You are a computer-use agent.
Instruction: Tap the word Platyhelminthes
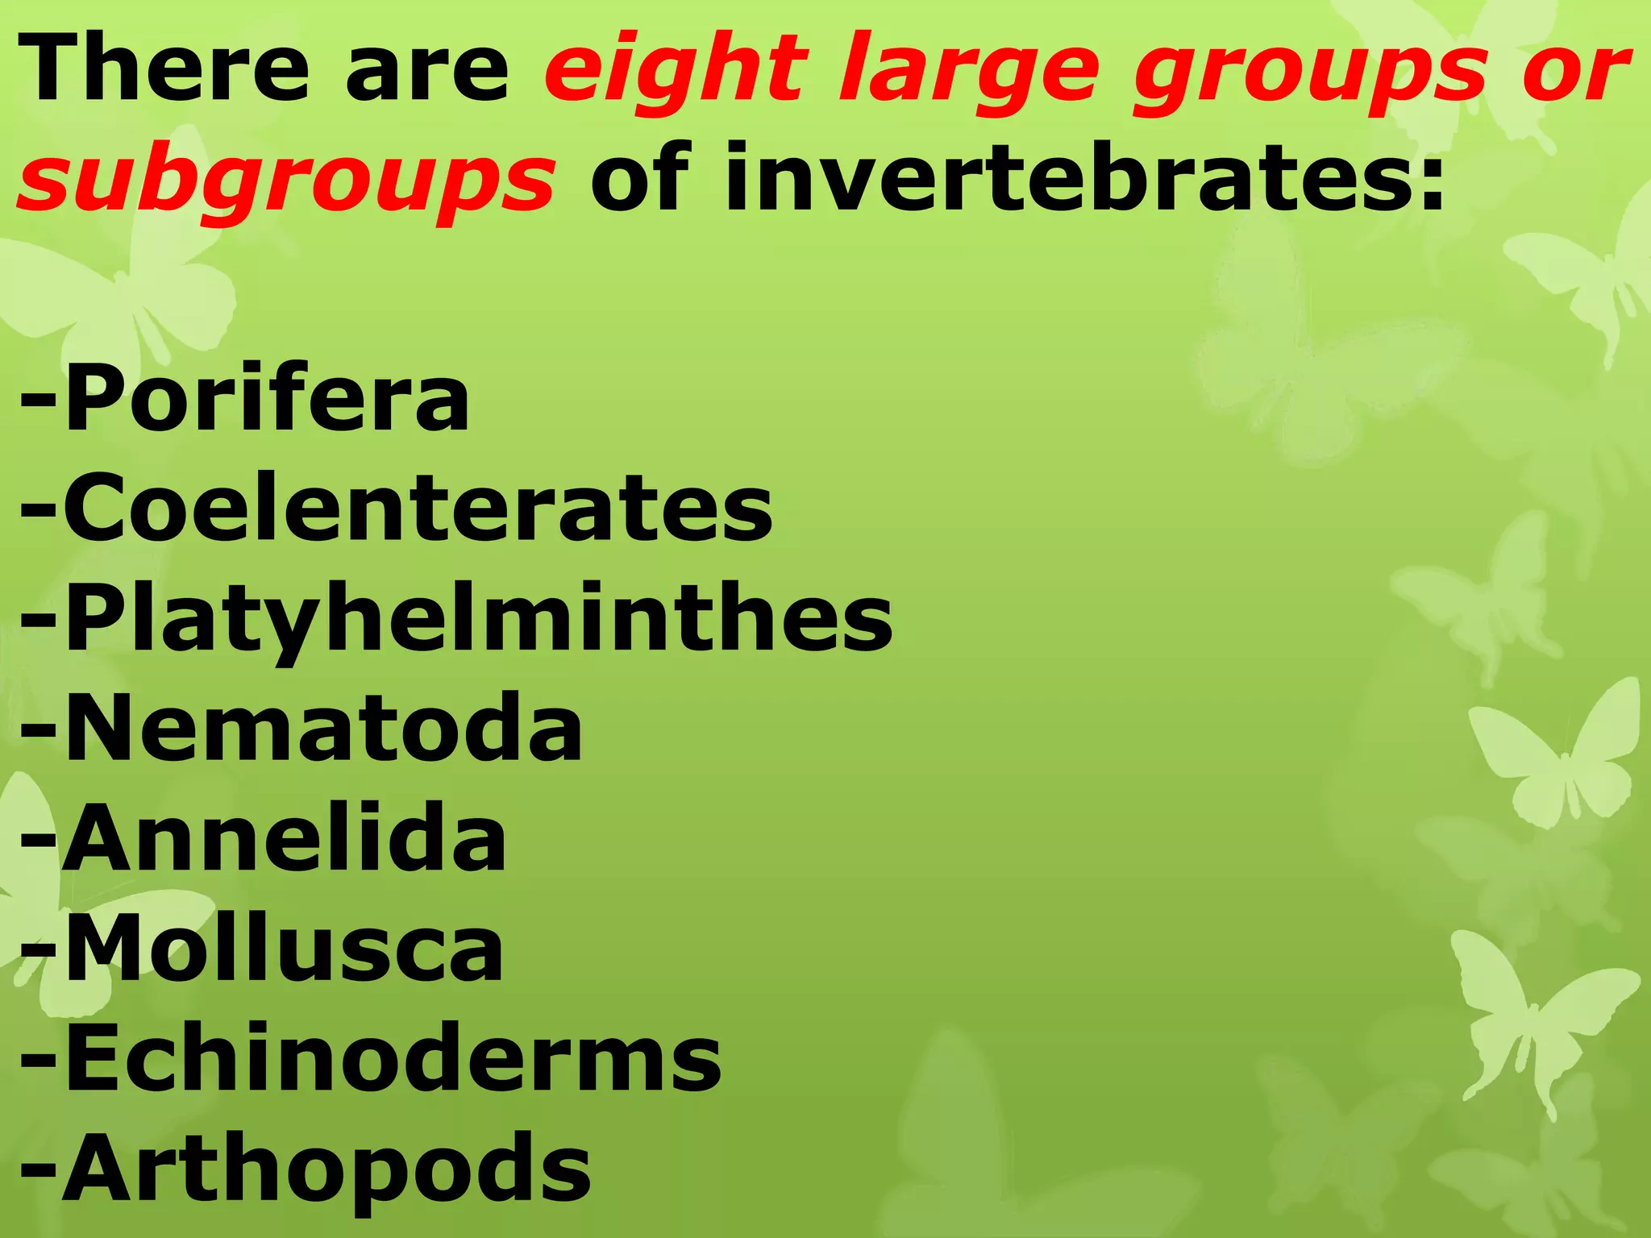(x=478, y=619)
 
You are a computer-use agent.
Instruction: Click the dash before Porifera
(x=39, y=399)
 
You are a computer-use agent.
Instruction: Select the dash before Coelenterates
(x=39, y=509)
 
